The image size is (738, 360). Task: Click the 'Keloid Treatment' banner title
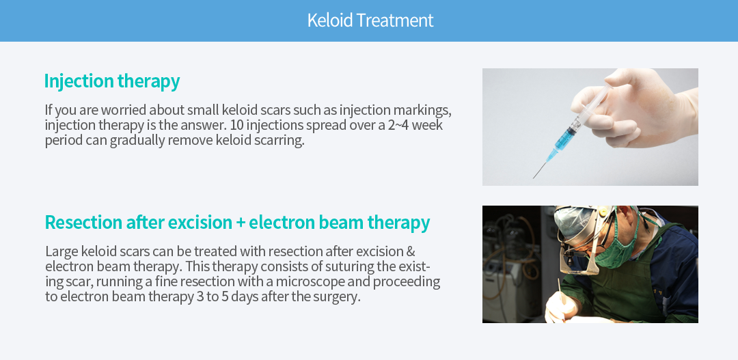point(370,20)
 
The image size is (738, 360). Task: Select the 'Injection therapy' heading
point(112,81)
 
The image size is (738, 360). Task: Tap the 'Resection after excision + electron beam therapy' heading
point(237,222)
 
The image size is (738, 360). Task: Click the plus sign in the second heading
point(241,223)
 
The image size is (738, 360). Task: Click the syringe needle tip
point(533,178)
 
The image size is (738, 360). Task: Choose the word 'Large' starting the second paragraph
point(61,252)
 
